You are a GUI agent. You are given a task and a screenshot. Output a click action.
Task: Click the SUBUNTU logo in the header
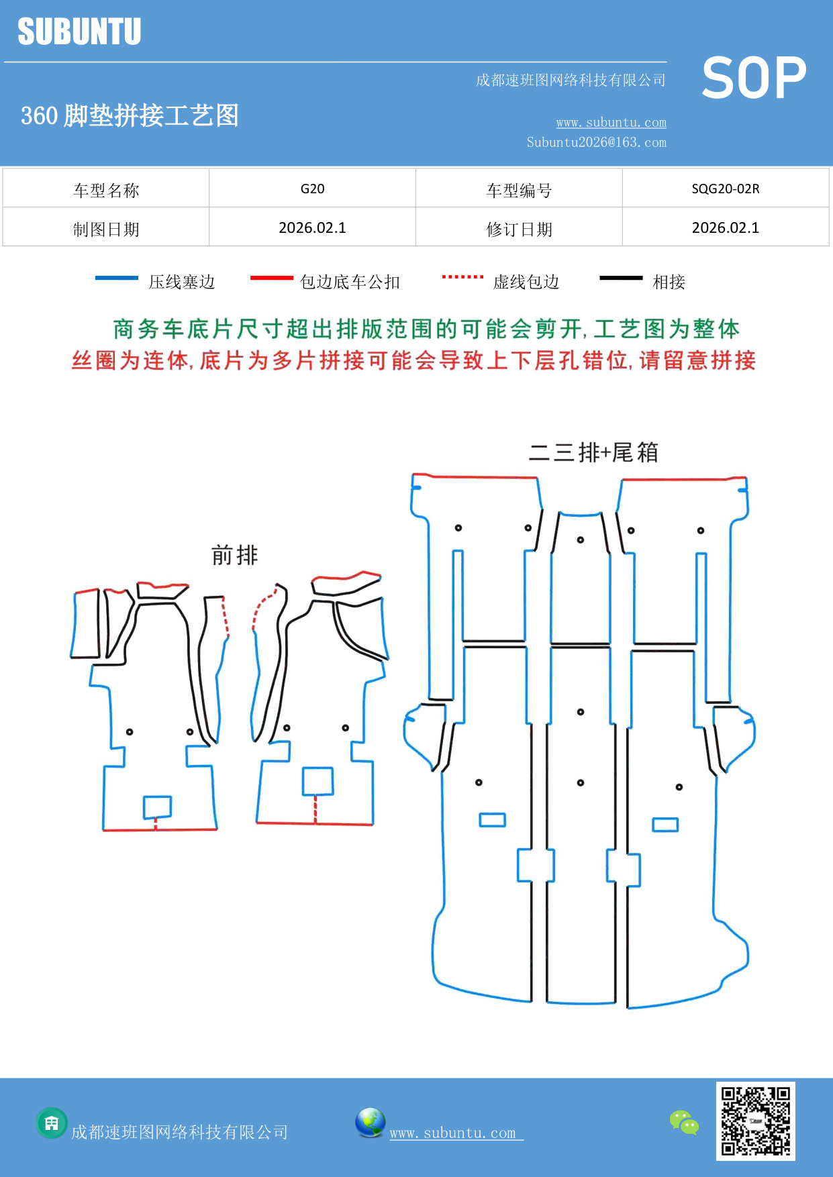[79, 32]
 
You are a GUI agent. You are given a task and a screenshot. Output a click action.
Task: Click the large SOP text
[754, 78]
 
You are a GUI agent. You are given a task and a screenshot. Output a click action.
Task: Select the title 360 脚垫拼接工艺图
[130, 115]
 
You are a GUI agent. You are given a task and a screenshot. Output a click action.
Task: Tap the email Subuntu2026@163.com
[596, 142]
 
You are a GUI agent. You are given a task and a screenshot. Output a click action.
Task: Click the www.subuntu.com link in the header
[611, 123]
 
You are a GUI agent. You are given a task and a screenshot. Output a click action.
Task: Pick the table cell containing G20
[312, 189]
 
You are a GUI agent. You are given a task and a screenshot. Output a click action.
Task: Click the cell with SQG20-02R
[725, 189]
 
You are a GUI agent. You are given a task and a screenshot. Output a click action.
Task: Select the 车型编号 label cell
[519, 191]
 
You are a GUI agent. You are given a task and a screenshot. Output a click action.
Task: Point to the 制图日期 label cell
[106, 229]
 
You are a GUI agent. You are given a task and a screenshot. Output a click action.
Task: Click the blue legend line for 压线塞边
[117, 278]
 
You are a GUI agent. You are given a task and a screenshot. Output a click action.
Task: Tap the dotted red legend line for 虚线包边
[462, 276]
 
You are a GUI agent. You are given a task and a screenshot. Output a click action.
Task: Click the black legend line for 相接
[621, 278]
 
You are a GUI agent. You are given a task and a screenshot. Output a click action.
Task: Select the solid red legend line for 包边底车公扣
[271, 278]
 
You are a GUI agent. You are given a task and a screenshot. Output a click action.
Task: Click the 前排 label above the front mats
[234, 556]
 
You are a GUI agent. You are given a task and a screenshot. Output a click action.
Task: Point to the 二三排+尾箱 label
[593, 452]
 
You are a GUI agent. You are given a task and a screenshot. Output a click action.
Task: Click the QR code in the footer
[755, 1121]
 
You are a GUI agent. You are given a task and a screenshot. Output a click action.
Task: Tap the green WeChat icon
[684, 1122]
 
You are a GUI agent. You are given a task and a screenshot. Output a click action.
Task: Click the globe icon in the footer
[370, 1123]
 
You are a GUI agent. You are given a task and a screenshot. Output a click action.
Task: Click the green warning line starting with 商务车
[426, 329]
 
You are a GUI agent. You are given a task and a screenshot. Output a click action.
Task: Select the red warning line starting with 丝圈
[413, 360]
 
